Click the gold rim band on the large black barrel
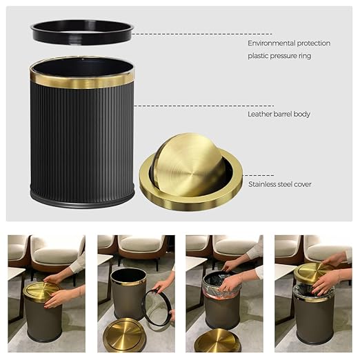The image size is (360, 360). pos(81,80)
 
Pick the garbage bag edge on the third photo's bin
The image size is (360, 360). pos(220,283)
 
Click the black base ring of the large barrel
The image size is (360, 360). pos(81,201)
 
